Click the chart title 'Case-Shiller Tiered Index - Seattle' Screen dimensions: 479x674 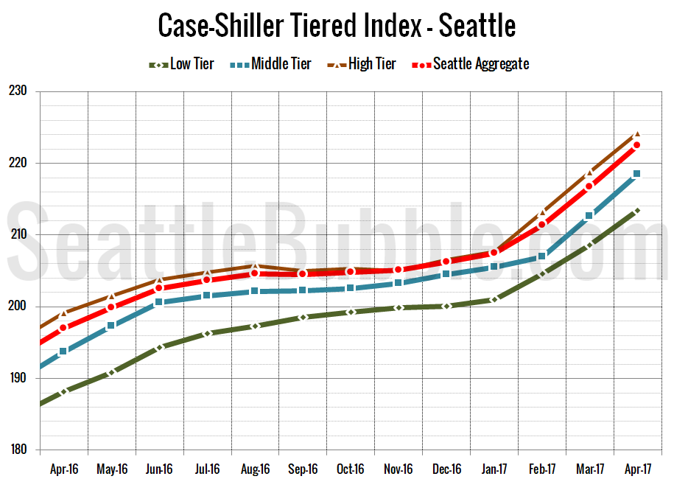coord(337,27)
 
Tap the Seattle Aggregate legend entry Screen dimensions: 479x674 coord(471,64)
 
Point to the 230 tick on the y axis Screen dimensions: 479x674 coord(17,91)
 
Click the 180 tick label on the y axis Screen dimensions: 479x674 coord(17,450)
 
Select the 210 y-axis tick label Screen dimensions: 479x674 coord(17,235)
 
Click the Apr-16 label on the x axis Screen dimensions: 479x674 coord(63,468)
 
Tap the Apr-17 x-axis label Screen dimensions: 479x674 coord(637,468)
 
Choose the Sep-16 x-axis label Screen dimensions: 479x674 coord(302,468)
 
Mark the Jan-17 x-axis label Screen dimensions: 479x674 coord(494,468)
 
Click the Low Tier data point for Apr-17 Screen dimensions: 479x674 coord(636,211)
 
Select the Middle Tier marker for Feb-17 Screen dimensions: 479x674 coord(541,256)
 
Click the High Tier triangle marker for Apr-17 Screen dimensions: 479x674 coord(636,135)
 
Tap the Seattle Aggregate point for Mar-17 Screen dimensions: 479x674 coord(589,186)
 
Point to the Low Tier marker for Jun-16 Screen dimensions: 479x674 coord(159,346)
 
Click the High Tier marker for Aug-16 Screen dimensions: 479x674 coord(254,265)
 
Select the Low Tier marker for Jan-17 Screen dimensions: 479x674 coord(494,299)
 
